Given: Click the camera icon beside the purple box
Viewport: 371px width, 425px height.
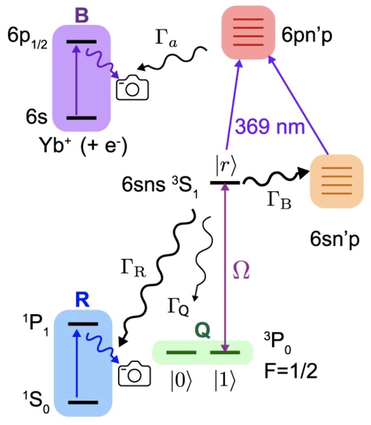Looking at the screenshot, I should pyautogui.click(x=132, y=87).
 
